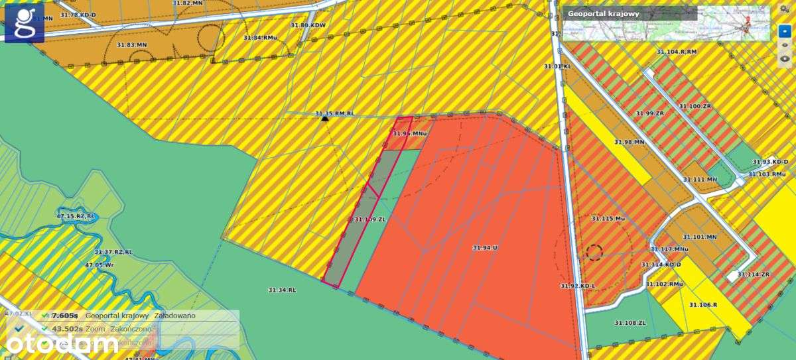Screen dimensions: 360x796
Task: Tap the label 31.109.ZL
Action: [369, 219]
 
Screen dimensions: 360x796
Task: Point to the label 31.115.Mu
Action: [608, 218]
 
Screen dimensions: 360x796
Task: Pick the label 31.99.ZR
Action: [649, 113]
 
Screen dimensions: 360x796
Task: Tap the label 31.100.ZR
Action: [695, 106]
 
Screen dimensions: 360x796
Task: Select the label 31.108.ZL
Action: [630, 323]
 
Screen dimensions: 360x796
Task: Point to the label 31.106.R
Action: [703, 305]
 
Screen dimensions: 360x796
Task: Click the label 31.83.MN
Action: [131, 44]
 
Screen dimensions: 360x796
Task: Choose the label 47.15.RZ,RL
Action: [76, 216]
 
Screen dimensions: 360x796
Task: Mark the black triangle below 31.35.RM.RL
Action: [324, 118]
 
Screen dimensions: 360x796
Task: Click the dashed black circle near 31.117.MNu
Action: [594, 252]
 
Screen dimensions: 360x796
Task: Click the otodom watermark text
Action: [64, 343]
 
